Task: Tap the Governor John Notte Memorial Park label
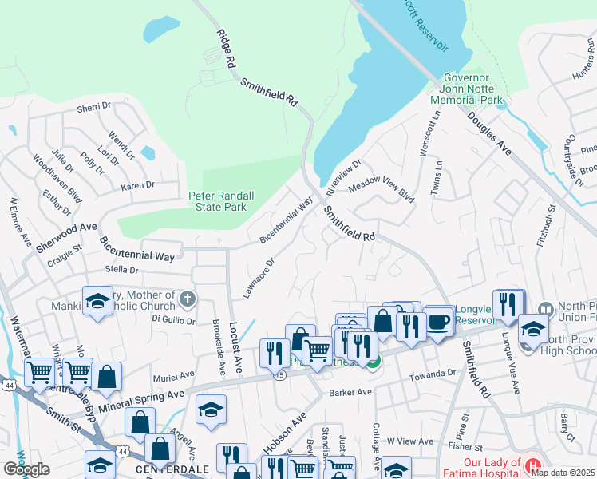click(x=466, y=89)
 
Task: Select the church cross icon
click(x=188, y=299)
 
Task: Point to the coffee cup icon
click(x=437, y=321)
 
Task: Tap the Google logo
click(x=26, y=469)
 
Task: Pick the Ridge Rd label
click(x=226, y=49)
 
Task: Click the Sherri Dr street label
click(x=93, y=107)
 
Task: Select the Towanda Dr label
click(x=431, y=374)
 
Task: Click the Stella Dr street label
click(x=122, y=270)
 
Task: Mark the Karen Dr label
click(x=137, y=186)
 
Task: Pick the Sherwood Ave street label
click(x=65, y=238)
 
